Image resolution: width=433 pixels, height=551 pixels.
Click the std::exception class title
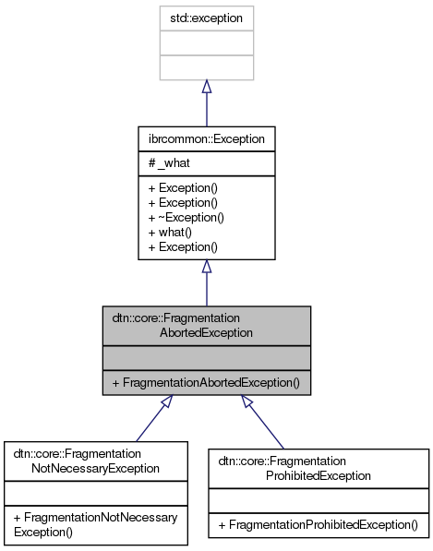pos(207,18)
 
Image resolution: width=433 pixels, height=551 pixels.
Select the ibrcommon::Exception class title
pos(207,139)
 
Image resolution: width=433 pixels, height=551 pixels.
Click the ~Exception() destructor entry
pos(186,217)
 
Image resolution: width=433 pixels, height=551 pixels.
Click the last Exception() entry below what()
pos(183,246)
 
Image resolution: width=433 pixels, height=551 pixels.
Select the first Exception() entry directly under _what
pos(183,187)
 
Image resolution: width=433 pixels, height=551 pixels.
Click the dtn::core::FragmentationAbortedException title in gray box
pos(207,326)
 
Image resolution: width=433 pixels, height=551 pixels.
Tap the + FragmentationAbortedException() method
pos(207,382)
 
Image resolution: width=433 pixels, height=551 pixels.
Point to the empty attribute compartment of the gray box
pos(207,357)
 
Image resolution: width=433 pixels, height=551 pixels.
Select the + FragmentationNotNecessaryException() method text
pos(95,524)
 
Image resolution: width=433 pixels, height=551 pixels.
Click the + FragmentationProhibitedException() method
pos(319,524)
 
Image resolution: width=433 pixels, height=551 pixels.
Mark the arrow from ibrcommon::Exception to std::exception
pos(207,102)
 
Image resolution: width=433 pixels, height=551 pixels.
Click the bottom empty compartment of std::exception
pos(207,66)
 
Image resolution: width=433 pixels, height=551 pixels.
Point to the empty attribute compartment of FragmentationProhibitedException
pos(319,499)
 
